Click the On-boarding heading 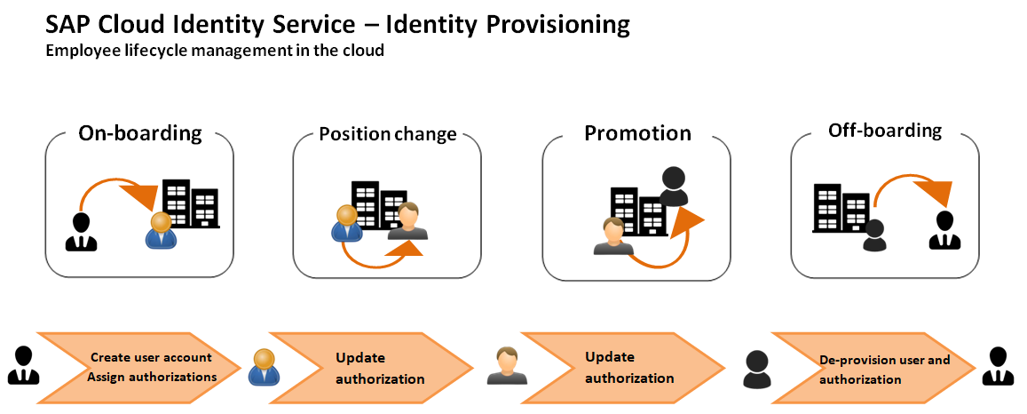coord(140,133)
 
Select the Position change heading coord(388,134)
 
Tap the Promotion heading coord(638,133)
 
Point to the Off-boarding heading coord(885,131)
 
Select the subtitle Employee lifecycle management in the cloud coord(214,50)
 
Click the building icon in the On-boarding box coord(191,203)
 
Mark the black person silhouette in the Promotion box coord(674,186)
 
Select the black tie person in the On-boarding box coord(81,232)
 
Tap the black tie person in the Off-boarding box coord(944,231)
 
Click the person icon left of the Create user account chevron coord(24,365)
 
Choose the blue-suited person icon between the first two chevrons coord(264,366)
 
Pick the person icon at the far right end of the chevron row coord(998,366)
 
